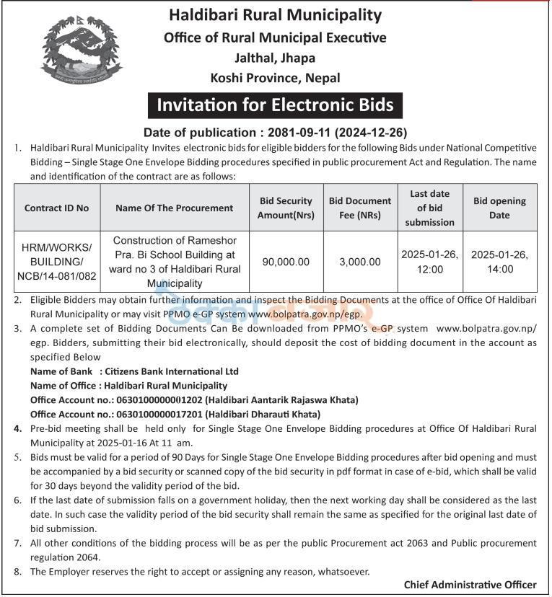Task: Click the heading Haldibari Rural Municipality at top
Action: pos(275,14)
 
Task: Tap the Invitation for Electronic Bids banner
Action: pos(275,105)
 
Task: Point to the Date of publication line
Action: pos(275,132)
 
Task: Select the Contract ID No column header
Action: pos(57,208)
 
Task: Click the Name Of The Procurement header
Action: pos(174,208)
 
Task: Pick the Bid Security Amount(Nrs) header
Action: pos(285,208)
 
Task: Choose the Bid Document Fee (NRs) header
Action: pos(359,208)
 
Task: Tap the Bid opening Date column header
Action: pos(499,208)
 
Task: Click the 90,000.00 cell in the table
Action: pos(285,262)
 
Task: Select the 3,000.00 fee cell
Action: pos(359,262)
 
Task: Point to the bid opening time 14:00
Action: pos(499,269)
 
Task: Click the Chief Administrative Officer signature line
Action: pos(470,585)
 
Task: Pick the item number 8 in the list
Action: pos(18,571)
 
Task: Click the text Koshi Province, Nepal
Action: pos(275,77)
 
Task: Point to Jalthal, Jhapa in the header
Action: pos(275,58)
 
